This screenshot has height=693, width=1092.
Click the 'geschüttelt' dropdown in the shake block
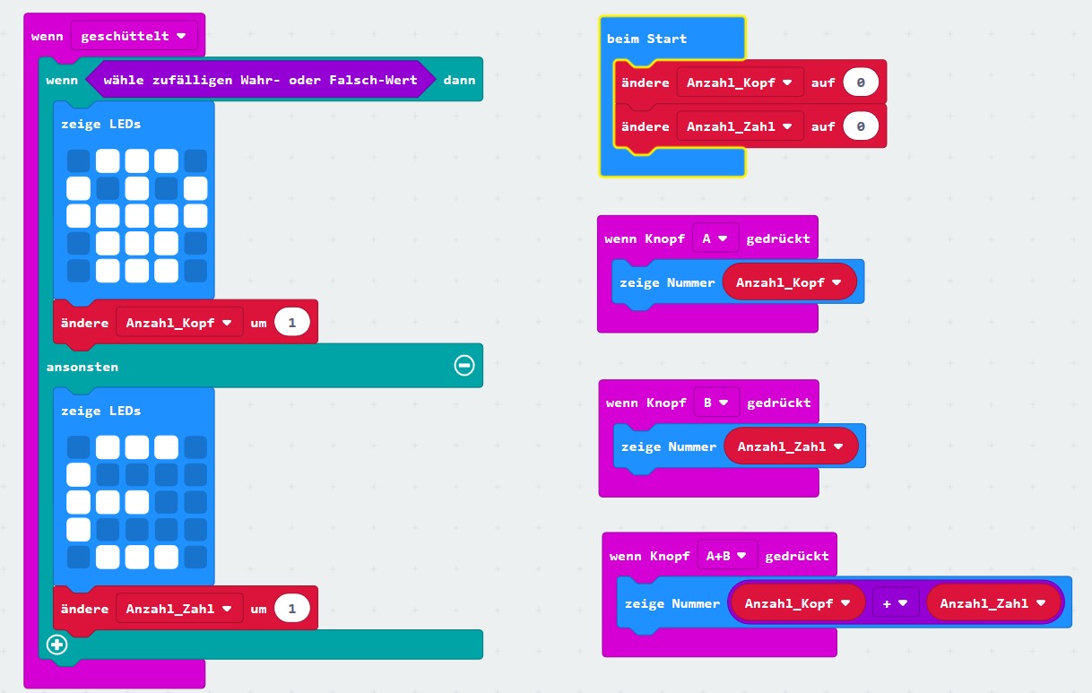click(x=134, y=37)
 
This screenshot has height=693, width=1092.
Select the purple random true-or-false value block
click(x=260, y=81)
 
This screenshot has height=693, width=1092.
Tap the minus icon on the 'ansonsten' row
click(x=464, y=365)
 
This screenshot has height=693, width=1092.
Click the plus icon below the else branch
click(x=57, y=645)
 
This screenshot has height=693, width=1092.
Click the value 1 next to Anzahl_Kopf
click(x=292, y=323)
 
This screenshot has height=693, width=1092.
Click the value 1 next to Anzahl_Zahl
click(x=292, y=609)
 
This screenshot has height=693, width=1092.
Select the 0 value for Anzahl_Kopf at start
click(x=861, y=82)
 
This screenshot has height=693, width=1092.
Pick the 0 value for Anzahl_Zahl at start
click(x=861, y=126)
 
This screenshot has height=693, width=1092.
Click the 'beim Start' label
click(x=646, y=39)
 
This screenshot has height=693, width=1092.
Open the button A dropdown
click(x=715, y=238)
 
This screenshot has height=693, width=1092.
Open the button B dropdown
click(x=715, y=403)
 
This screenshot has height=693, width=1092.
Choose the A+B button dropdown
click(x=727, y=556)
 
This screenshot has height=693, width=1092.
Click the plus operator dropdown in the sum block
click(x=895, y=603)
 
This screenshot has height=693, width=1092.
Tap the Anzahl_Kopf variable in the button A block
click(x=789, y=282)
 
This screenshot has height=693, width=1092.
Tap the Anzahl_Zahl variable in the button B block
click(x=790, y=446)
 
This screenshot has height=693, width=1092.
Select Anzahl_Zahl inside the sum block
click(x=992, y=603)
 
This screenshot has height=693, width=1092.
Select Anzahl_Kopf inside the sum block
click(x=797, y=603)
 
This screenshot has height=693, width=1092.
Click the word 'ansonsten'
click(x=82, y=367)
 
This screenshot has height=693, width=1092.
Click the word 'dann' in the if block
click(x=459, y=81)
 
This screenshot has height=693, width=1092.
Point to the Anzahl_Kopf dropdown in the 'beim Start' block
click(x=740, y=82)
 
